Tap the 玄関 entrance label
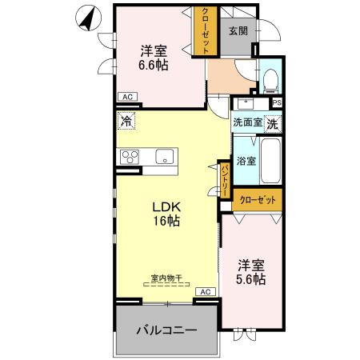[237, 31]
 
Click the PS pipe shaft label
[277, 102]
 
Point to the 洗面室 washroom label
[247, 123]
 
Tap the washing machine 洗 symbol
[273, 124]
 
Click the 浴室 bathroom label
[246, 160]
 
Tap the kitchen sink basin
[165, 157]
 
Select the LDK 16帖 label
[166, 213]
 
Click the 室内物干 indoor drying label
[167, 278]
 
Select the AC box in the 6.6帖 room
[126, 97]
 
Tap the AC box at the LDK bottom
[205, 292]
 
